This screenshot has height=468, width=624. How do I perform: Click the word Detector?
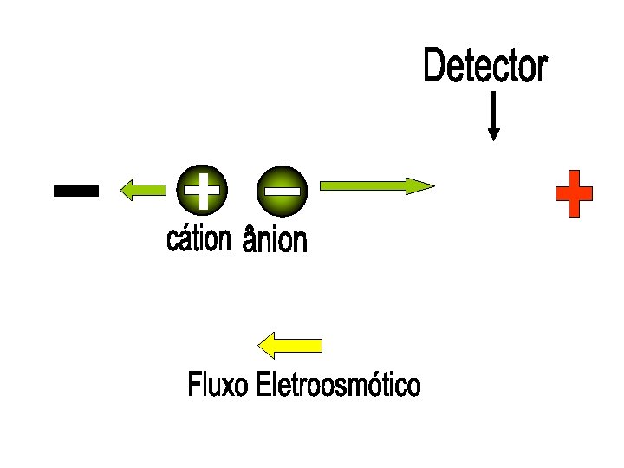point(485,67)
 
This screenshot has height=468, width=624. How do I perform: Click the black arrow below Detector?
point(493,116)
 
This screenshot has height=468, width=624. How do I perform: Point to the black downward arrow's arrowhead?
point(493,134)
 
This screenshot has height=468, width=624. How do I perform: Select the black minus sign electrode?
point(75,191)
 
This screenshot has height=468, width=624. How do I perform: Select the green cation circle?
point(201,189)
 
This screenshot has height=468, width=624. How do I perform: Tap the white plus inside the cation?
point(201,189)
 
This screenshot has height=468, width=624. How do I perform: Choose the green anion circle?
point(283,189)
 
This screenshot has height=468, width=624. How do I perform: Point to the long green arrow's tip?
point(431,185)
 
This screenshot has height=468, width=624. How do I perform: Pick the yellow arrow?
point(291,345)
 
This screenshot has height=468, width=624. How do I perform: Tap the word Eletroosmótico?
point(338,385)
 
